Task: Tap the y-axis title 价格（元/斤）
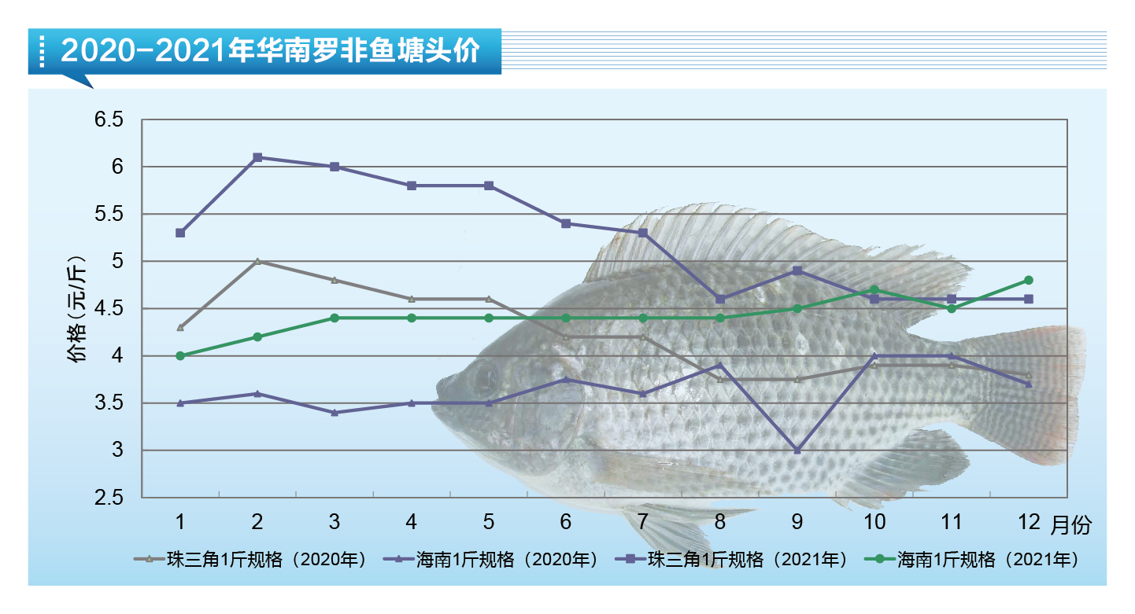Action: point(76,309)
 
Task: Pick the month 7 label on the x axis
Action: point(643,522)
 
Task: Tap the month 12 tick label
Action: point(1028,522)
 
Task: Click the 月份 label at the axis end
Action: point(1071,525)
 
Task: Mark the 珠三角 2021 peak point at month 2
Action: point(257,157)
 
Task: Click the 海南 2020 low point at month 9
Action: point(797,450)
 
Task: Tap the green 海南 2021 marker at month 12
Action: point(1028,281)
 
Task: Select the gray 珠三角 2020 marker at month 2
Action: point(257,261)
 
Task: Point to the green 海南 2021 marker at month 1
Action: point(180,355)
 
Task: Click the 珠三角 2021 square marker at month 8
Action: point(720,299)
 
